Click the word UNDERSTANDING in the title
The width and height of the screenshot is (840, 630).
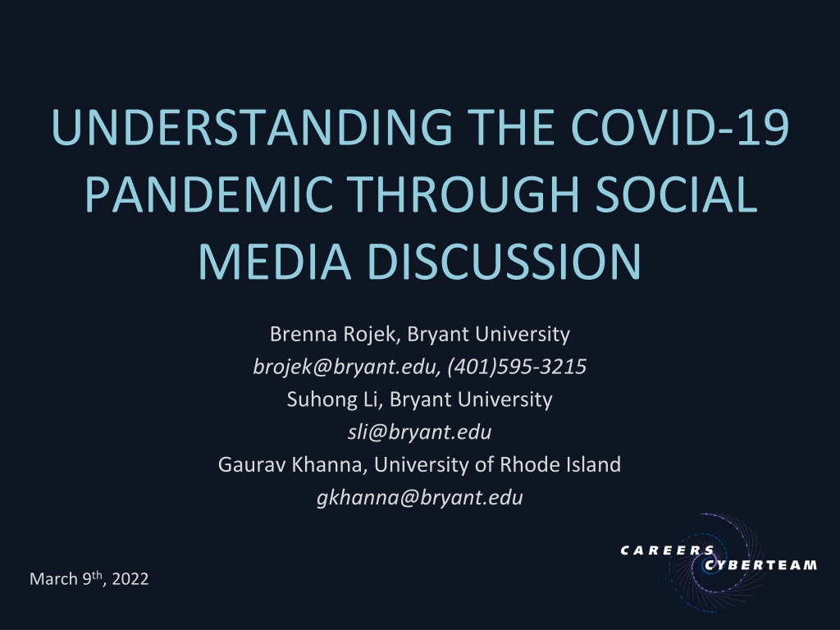click(252, 127)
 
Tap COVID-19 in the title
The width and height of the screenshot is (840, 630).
click(679, 127)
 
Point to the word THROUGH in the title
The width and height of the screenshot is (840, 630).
click(464, 194)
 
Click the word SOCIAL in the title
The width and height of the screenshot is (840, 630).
click(676, 194)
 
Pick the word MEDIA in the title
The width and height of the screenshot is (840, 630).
click(275, 261)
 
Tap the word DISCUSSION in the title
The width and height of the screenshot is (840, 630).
click(504, 261)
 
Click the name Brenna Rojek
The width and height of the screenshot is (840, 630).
click(333, 335)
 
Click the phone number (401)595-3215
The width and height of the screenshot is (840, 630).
click(517, 367)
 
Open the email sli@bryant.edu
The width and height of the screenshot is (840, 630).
click(419, 432)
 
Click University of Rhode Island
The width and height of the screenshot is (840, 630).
click(497, 464)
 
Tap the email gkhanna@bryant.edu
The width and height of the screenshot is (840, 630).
click(419, 498)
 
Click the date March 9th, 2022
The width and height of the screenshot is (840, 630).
click(89, 578)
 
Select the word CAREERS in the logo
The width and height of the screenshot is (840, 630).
click(668, 550)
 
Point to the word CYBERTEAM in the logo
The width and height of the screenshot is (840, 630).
click(760, 565)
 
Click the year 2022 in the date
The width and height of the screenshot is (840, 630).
click(130, 579)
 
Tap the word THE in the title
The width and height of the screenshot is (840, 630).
click(511, 127)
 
